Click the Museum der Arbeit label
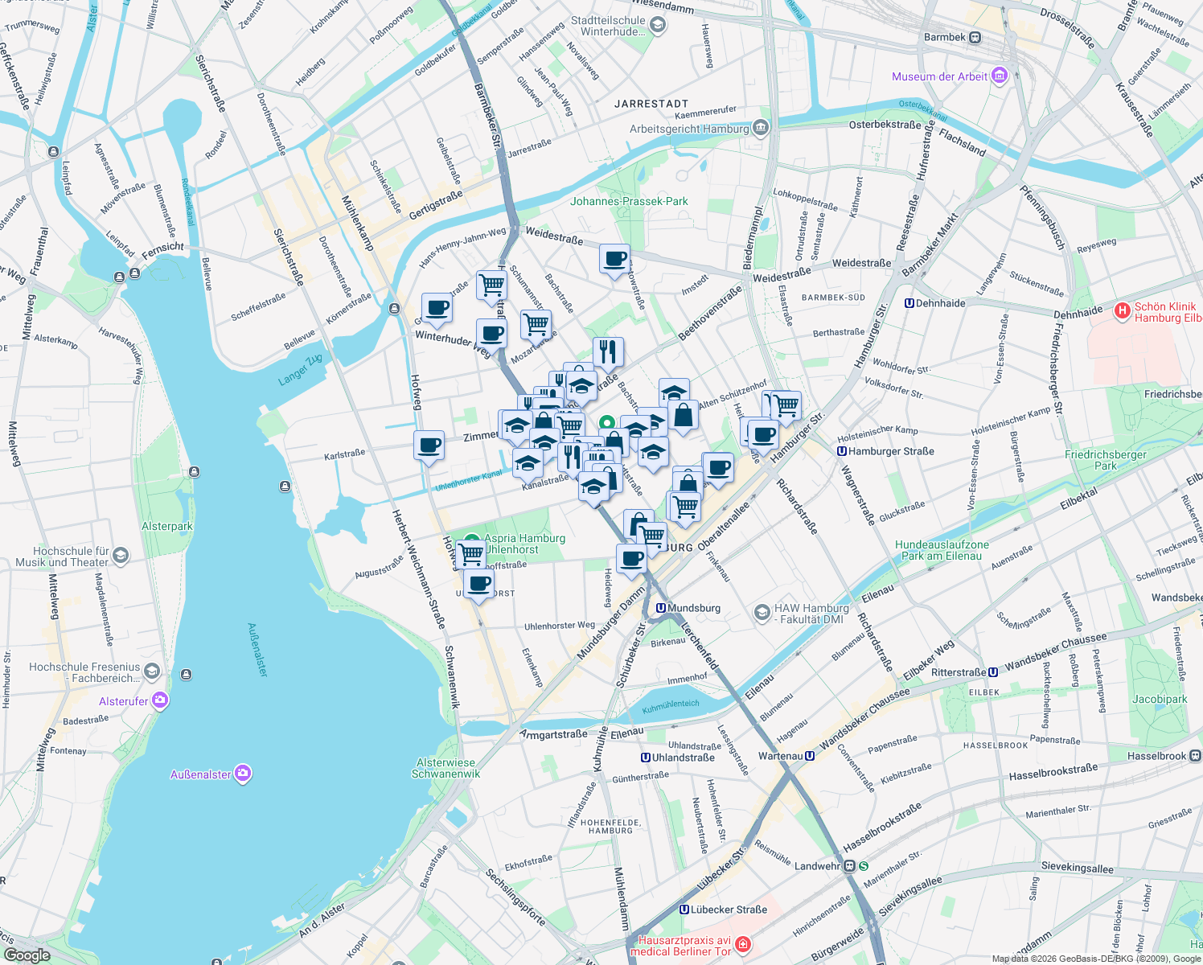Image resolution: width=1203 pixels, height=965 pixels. pos(939,76)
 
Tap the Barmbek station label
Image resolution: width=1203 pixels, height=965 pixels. pos(944,37)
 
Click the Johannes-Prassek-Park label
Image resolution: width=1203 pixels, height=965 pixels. pos(629,201)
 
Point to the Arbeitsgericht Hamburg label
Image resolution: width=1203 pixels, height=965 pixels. pos(689,129)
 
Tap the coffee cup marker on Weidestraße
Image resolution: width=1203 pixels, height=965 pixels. pos(614,259)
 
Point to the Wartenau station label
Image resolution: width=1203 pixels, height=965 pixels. pos(780,756)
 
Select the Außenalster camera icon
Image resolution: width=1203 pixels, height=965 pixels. pos(243,774)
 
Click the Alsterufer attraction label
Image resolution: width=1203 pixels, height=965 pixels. pos(124,701)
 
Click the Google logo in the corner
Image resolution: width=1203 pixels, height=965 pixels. pos(27,955)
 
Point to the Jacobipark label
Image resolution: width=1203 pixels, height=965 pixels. pos(1160,699)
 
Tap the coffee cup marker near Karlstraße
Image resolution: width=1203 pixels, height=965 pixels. pos(429,445)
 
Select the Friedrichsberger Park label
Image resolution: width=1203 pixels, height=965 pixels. pos(1105,460)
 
